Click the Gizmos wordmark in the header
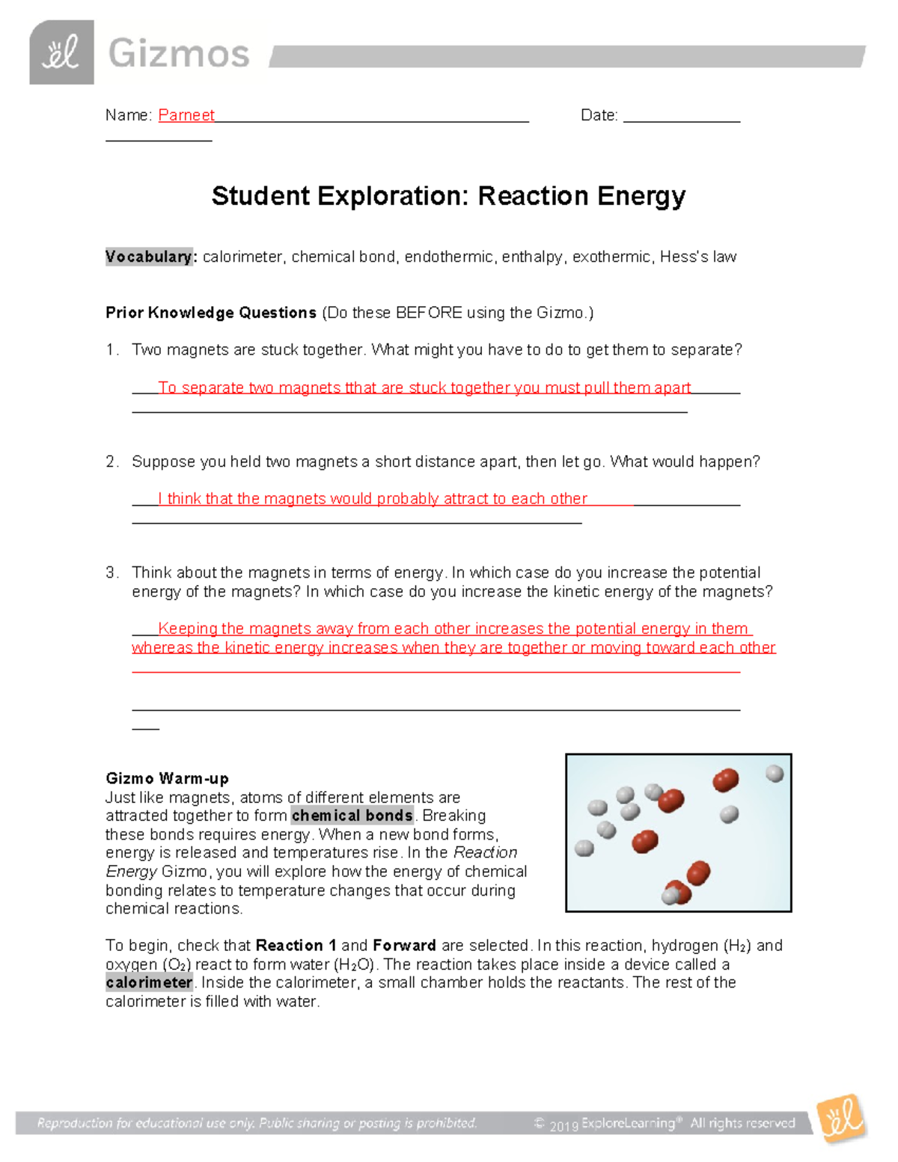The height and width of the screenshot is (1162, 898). pos(178,55)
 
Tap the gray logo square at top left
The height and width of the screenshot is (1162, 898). pos(61,52)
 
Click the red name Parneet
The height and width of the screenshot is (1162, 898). pos(186,115)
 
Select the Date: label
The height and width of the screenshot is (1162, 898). pos(599,115)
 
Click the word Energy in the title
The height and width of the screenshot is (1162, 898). pos(641,196)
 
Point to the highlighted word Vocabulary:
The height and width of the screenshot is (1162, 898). pos(150,257)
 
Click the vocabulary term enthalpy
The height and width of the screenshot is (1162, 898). pos(532,257)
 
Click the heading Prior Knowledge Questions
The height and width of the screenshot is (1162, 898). pos(211,313)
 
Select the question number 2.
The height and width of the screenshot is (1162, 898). pos(112,462)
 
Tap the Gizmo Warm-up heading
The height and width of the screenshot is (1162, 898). pos(167,778)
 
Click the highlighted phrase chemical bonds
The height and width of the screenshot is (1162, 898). pos(352,816)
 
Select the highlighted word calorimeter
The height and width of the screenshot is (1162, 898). pos(149,982)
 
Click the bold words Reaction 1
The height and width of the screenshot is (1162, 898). pos(296,946)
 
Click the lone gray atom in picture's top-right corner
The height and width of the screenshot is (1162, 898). pos(775,773)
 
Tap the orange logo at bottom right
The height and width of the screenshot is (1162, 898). pos(841,1119)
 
